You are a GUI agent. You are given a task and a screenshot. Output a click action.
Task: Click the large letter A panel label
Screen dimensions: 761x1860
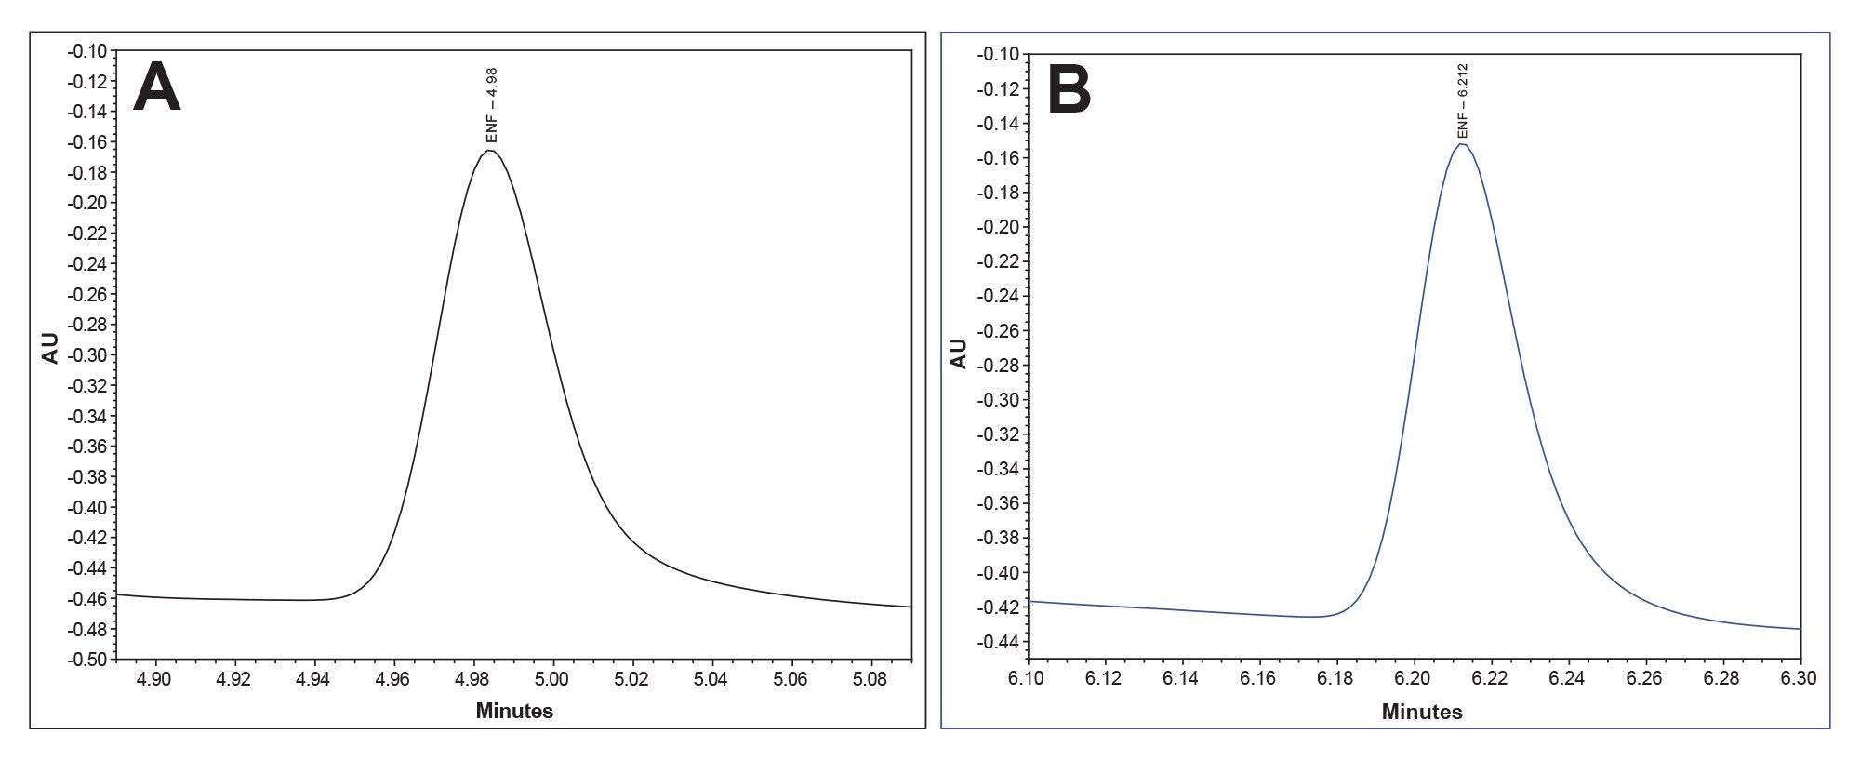coord(157,89)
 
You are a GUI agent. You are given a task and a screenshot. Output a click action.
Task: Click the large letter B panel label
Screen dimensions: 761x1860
coord(1069,92)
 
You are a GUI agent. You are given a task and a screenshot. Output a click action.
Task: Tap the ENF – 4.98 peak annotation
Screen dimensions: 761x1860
coord(492,104)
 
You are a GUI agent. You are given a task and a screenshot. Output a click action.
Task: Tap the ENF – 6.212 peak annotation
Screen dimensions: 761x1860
coord(1462,100)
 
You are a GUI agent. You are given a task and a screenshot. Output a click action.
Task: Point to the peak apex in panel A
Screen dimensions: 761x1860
coord(490,151)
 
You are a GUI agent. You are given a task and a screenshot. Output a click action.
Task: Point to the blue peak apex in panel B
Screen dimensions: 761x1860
coord(1462,144)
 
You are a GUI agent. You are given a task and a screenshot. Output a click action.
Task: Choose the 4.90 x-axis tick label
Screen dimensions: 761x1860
coord(154,678)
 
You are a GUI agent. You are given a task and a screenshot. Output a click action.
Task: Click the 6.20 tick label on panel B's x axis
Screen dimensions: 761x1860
coord(1414,679)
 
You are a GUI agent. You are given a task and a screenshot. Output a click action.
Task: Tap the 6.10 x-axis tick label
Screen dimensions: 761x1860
coord(1027,679)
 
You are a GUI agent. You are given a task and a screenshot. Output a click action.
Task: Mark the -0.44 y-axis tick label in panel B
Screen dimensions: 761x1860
coord(996,642)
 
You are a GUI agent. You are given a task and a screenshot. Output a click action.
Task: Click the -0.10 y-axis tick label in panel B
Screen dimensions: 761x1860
coord(996,54)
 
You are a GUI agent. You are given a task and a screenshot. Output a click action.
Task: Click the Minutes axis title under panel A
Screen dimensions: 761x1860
coord(514,712)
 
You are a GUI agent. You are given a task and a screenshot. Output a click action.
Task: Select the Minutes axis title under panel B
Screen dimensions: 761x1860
coord(1422,713)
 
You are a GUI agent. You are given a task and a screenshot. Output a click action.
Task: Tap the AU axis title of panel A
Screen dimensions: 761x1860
coord(50,348)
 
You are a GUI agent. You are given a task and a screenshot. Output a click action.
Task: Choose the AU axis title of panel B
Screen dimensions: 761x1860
coord(959,354)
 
